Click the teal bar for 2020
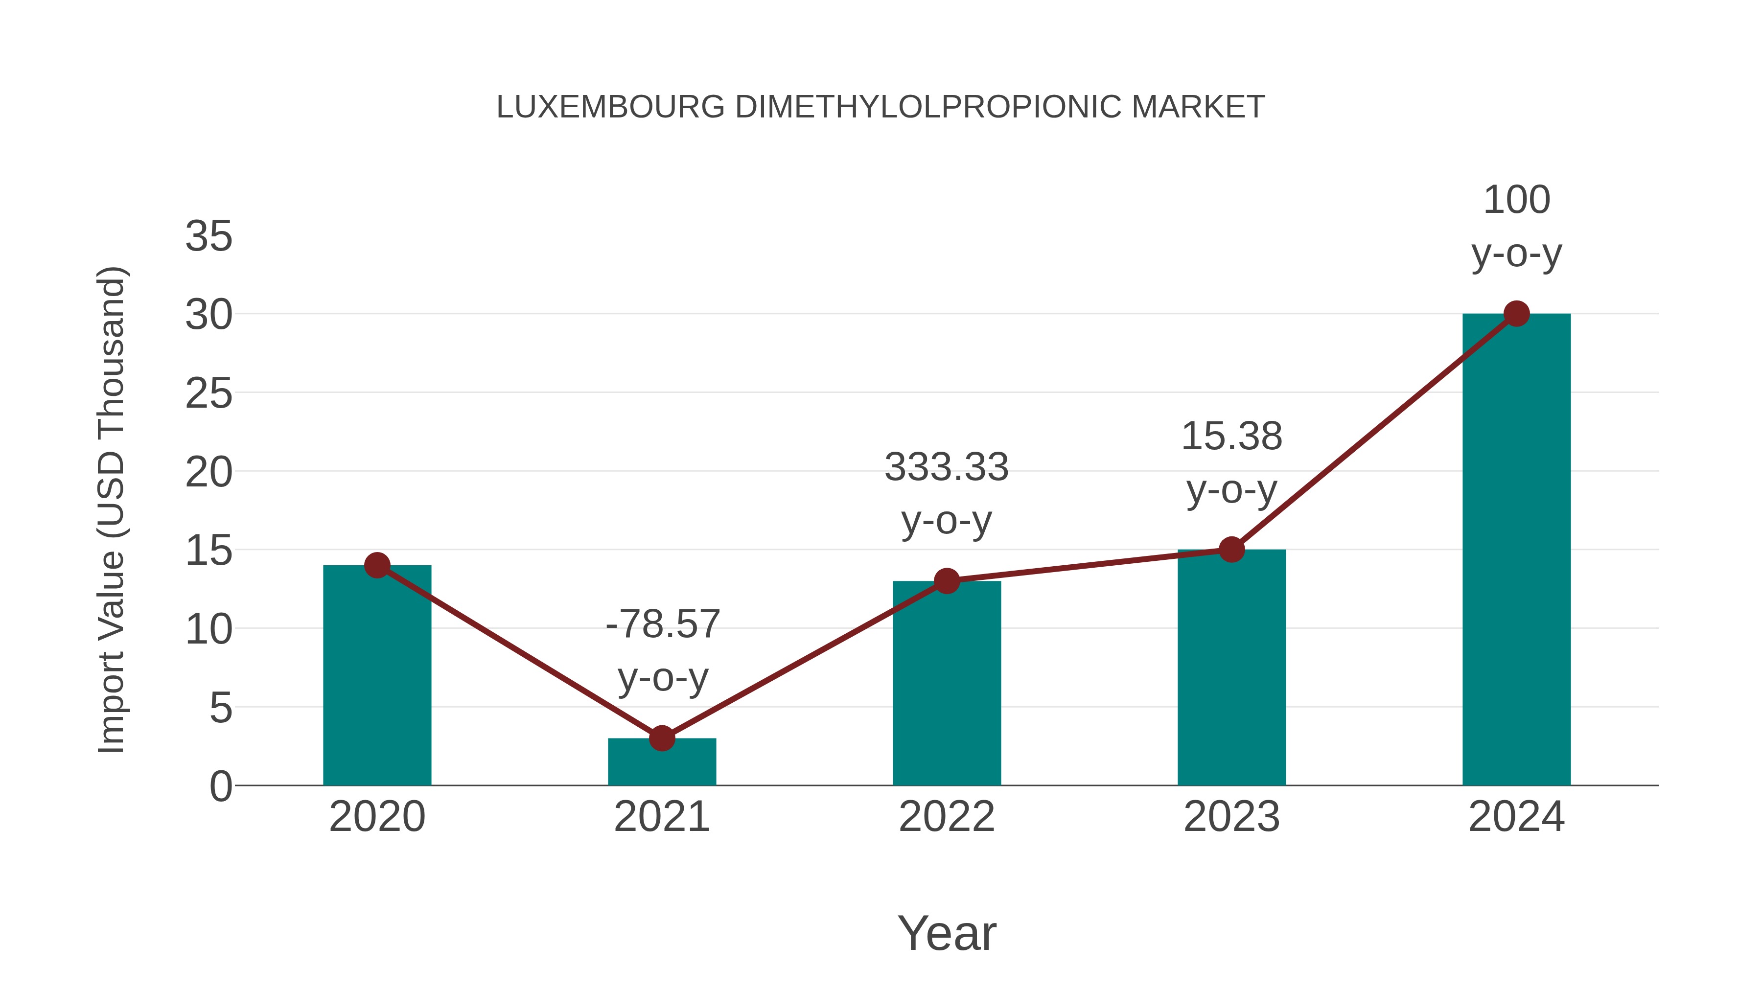[x=377, y=677]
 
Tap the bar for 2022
[x=947, y=684]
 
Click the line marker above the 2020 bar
[x=377, y=565]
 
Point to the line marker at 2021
[x=661, y=738]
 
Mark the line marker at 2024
[x=1516, y=314]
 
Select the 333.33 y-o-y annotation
[x=947, y=493]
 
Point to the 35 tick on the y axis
[x=209, y=237]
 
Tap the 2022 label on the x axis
[x=947, y=817]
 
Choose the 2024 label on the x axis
[x=1516, y=817]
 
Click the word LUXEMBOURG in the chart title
[x=610, y=107]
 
